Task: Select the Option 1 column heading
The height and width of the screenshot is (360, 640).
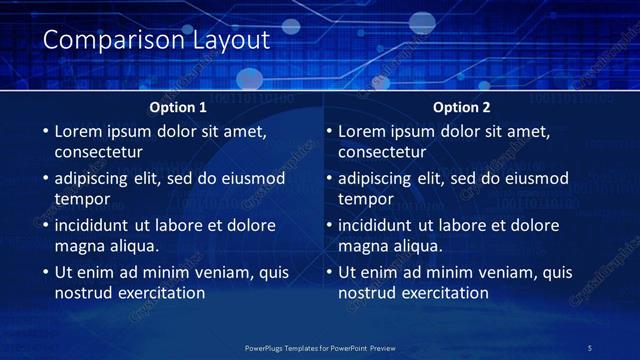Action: pyautogui.click(x=178, y=107)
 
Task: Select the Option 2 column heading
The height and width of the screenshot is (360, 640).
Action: pyautogui.click(x=462, y=107)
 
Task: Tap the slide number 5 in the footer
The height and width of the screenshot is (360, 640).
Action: pyautogui.click(x=589, y=347)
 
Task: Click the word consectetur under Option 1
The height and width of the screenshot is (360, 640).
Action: pyautogui.click(x=98, y=153)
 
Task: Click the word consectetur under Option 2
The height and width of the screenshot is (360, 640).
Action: pyautogui.click(x=382, y=153)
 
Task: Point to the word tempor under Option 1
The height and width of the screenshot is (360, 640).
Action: pyautogui.click(x=81, y=199)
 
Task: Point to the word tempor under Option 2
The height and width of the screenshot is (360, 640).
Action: pyautogui.click(x=365, y=199)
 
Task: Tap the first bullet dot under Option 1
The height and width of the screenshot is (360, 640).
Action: pyautogui.click(x=44, y=131)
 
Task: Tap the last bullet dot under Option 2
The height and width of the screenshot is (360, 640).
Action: pyautogui.click(x=328, y=272)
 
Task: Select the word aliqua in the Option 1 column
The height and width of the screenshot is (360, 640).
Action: pyautogui.click(x=133, y=246)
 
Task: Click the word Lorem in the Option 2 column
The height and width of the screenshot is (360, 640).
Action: pyautogui.click(x=361, y=131)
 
